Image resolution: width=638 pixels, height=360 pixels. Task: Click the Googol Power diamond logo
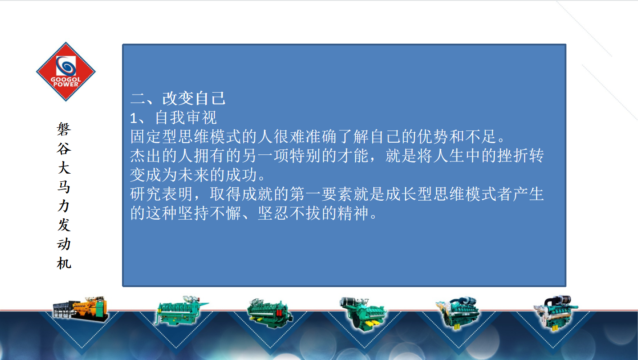pos(66,72)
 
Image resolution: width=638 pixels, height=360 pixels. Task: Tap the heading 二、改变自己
pos(178,98)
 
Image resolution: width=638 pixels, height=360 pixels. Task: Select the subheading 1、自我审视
pos(173,117)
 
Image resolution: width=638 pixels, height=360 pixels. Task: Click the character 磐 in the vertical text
pos(64,129)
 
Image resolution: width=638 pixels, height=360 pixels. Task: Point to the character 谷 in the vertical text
pos(64,148)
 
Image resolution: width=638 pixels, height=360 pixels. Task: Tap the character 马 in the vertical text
pos(64,187)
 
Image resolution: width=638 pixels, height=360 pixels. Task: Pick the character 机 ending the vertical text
pos(64,263)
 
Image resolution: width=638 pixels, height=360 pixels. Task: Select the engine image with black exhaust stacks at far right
pos(556,313)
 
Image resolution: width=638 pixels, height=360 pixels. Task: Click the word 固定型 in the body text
pos(154,136)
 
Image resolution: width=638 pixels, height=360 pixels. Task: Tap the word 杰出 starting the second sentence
pos(146,155)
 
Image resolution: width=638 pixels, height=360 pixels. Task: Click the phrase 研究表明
pos(162,194)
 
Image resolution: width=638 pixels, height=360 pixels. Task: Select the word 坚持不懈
pos(210,213)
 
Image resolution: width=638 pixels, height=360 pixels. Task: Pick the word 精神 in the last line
pos(353,213)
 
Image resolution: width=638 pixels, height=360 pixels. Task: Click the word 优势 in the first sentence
pos(433,136)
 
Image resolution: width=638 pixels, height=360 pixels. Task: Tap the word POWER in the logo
pos(66,84)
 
